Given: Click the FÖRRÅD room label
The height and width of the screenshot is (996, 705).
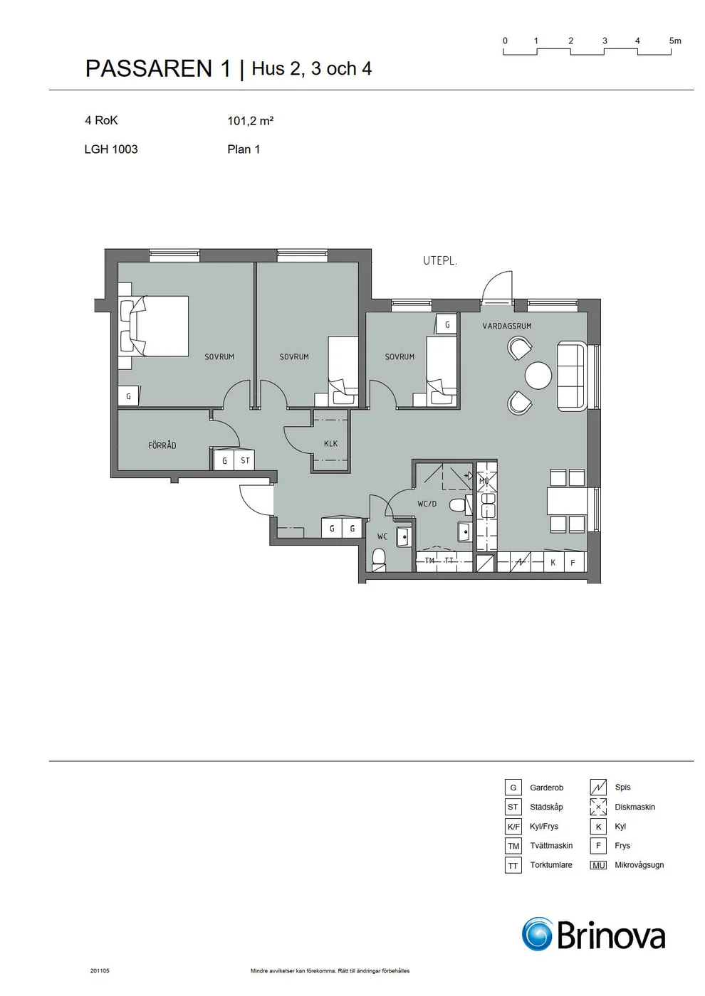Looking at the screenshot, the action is click(162, 445).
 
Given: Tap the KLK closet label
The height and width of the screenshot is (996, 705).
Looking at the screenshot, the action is click(330, 443).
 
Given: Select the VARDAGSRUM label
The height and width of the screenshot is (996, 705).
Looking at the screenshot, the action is click(507, 326).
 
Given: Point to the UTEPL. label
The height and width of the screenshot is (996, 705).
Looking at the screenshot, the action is click(440, 261).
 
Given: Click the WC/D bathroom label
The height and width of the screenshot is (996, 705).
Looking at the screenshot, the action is click(427, 504).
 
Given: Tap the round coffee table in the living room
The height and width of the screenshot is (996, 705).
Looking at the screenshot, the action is click(538, 376).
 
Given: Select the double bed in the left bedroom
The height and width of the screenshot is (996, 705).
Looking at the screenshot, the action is click(154, 326).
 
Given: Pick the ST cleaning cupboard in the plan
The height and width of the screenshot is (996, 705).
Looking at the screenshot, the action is click(245, 461).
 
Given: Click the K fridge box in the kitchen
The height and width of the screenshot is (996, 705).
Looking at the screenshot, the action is click(553, 562).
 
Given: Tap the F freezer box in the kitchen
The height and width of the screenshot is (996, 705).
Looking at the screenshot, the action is click(573, 562).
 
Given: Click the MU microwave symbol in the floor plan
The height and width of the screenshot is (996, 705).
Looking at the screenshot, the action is click(484, 481).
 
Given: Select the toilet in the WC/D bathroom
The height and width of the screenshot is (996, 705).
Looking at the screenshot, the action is click(457, 505).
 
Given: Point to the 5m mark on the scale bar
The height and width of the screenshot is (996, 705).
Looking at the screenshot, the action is click(675, 41).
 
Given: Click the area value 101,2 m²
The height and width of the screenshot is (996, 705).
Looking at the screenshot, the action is click(251, 121).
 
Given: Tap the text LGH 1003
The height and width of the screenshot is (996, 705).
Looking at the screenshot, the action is click(111, 149).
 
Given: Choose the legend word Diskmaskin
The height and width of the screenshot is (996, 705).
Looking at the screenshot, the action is click(634, 807).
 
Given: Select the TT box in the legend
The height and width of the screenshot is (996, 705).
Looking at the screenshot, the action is click(513, 865).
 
